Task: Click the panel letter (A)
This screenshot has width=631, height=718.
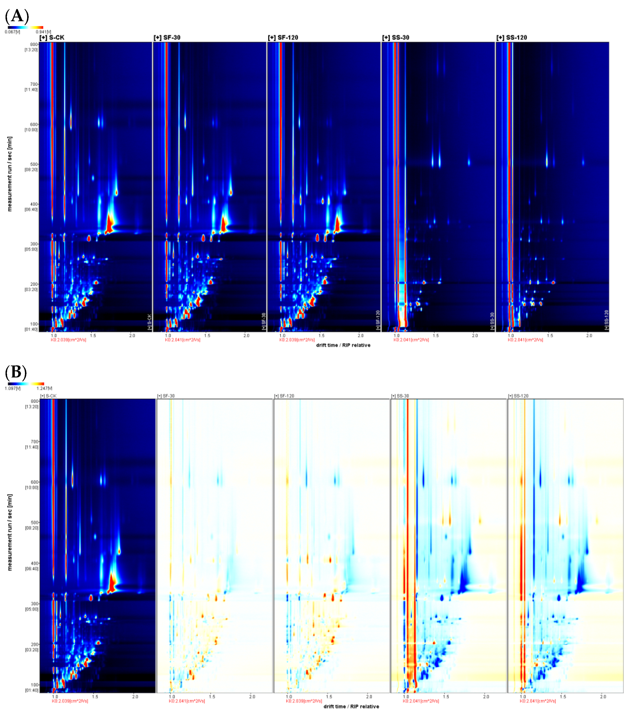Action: tap(17, 16)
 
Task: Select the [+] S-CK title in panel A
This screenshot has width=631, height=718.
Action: tap(52, 38)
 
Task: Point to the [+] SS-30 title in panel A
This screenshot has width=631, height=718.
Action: tap(396, 38)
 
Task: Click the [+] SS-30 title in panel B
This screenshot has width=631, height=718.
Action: tap(400, 396)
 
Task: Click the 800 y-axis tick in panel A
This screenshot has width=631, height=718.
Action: tap(34, 45)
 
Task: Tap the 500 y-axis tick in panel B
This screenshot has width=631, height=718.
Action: tap(34, 522)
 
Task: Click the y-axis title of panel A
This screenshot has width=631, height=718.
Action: tap(9, 174)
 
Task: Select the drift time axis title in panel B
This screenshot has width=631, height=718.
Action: tap(351, 707)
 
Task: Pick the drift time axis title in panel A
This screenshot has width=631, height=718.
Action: tap(343, 345)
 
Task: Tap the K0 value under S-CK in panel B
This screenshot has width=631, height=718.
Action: tap(70, 701)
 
